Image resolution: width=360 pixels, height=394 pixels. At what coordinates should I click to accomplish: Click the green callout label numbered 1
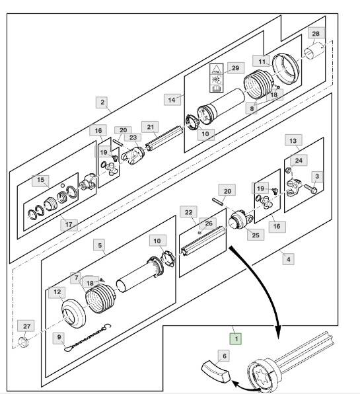[x=236, y=338]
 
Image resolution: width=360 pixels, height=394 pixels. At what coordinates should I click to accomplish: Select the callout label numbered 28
[x=316, y=34]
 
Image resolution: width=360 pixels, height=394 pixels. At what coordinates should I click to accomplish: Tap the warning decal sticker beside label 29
[x=216, y=78]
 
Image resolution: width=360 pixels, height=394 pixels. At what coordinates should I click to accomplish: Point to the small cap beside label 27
[x=24, y=342]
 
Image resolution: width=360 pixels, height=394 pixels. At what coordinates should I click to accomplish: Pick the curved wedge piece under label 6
[x=216, y=372]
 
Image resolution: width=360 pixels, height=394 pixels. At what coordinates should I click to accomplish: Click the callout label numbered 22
[x=188, y=212]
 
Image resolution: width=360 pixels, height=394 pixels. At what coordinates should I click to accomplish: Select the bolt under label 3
[x=311, y=188]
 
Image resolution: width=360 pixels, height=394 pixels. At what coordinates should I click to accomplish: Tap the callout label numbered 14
[x=172, y=100]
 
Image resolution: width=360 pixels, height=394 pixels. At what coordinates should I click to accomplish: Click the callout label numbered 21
[x=150, y=127]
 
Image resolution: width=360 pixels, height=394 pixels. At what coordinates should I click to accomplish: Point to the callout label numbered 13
[x=293, y=140]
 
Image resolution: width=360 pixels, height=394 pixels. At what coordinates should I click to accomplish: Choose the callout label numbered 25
[x=256, y=235]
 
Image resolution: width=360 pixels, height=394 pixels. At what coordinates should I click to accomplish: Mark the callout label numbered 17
[x=69, y=224]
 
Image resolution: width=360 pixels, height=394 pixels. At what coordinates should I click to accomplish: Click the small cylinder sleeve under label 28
[x=314, y=51]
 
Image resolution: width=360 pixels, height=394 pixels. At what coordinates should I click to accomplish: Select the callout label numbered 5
[x=100, y=245]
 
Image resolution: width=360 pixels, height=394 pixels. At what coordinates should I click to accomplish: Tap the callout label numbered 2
[x=102, y=102]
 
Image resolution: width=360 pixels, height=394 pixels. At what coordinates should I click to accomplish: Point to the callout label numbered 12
[x=57, y=292]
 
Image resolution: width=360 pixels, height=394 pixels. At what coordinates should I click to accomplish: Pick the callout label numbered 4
[x=289, y=259]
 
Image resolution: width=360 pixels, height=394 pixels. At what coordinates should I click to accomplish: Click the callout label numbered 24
[x=299, y=161]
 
